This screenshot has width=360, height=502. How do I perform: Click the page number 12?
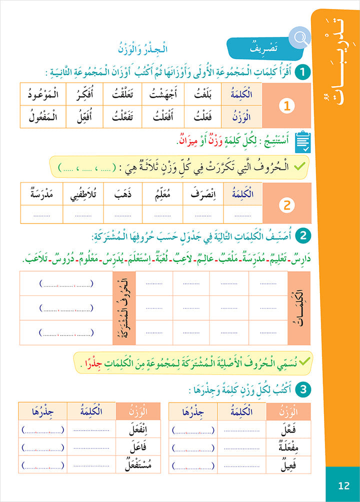tap(343, 484)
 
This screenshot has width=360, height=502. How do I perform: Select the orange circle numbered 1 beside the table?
tap(286, 106)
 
